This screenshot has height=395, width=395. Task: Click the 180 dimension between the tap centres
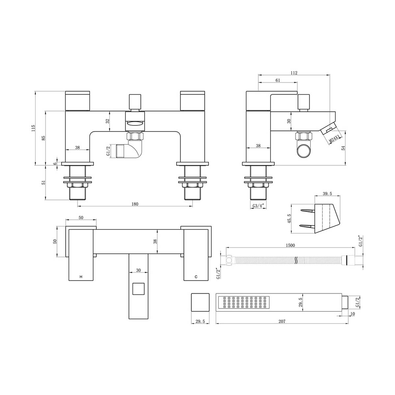pos(135,204)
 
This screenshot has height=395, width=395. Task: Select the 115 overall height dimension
pos(33,128)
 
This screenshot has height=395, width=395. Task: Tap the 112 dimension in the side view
pos(294,73)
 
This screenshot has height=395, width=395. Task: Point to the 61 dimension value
pos(277,80)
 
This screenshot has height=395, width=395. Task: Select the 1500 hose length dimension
pos(290,245)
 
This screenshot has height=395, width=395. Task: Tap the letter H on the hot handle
pos(81,277)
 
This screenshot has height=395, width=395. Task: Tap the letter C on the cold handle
pos(196,277)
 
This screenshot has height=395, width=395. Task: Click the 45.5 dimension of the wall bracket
pos(289,218)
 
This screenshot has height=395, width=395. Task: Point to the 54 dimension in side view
pos(343,148)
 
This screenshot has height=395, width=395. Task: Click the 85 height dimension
pos(43,138)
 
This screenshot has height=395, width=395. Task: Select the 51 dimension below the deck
pos(43,183)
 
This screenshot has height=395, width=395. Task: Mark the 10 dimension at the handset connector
pos(353,314)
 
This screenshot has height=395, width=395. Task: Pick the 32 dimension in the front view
pos(107,121)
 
